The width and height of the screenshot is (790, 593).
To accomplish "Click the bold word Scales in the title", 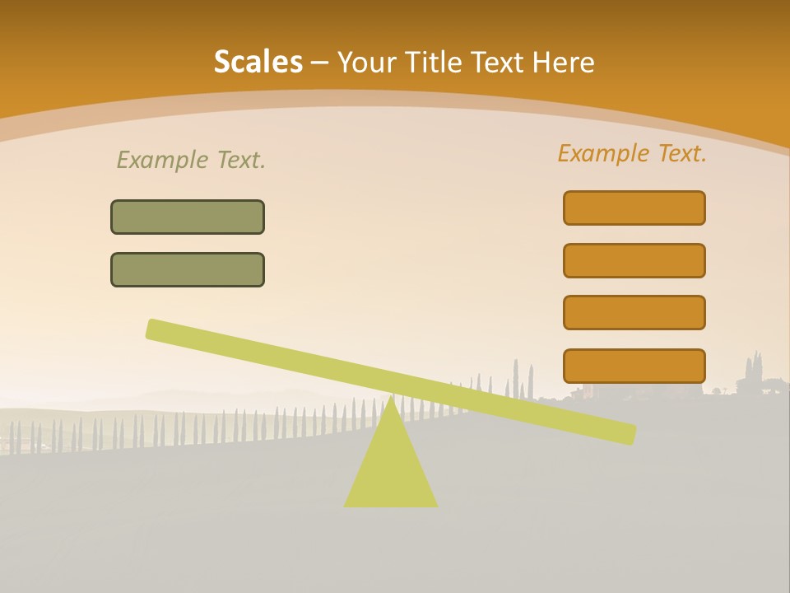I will coord(258,62).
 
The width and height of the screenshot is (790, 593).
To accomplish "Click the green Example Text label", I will coord(191,160).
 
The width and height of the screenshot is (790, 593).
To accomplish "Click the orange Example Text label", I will coord(632,153).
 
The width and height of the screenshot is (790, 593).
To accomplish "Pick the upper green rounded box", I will coord(188,217).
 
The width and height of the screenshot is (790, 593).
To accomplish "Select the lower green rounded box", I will coord(188,269).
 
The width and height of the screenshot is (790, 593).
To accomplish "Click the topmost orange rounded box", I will coord(634,208).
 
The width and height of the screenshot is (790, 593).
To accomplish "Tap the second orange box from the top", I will coord(634,260).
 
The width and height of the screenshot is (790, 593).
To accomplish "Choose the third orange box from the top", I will coord(634,312).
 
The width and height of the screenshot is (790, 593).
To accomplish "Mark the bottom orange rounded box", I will coord(634,366).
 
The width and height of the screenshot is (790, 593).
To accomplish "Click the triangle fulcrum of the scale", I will coord(390,469).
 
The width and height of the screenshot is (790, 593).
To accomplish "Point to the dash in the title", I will coord(319,63).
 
